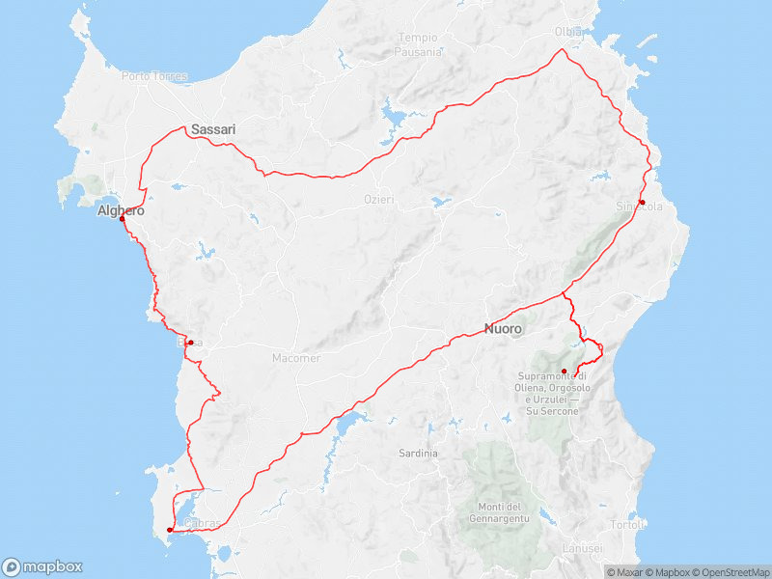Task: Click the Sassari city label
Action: [x=213, y=128]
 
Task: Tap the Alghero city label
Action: [x=121, y=210]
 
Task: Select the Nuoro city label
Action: [x=503, y=329]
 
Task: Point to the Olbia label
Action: [x=568, y=32]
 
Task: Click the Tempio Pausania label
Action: [x=418, y=44]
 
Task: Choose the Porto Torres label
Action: [x=147, y=75]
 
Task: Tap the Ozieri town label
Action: [x=379, y=199]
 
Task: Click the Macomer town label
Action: [x=295, y=358]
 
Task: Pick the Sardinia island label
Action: [x=418, y=453]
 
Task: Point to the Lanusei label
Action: [x=584, y=548]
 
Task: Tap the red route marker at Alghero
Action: [x=123, y=219]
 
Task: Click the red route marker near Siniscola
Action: [x=642, y=203]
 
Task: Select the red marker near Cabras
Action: [x=170, y=530]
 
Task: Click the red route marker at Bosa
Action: [x=191, y=343]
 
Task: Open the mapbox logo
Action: [x=42, y=567]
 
